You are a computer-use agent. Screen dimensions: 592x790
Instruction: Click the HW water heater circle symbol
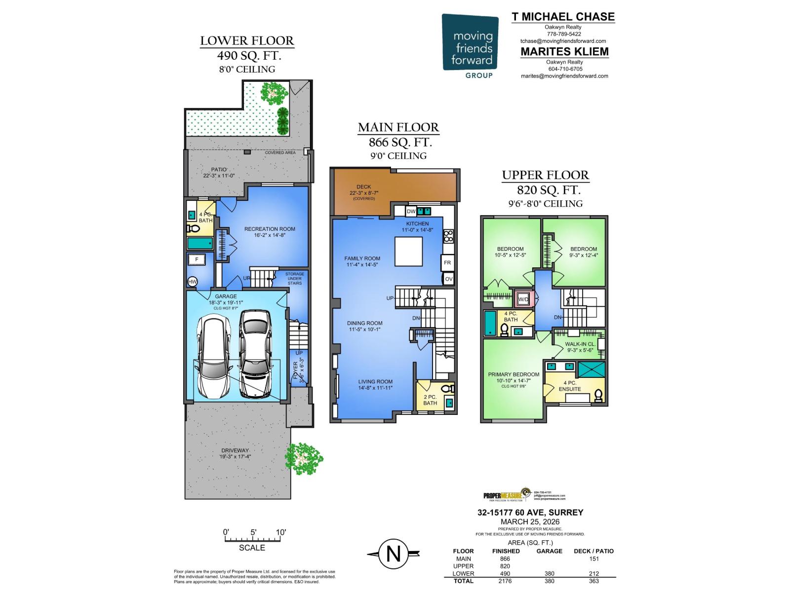point(193,282)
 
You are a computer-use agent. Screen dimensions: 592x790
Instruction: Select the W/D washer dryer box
point(522,299)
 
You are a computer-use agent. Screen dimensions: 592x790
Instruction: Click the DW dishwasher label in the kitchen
point(411,211)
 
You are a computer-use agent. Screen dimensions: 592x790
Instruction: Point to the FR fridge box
point(447,263)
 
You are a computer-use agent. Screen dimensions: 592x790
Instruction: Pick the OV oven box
point(448,279)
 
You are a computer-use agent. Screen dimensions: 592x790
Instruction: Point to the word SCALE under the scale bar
point(252,548)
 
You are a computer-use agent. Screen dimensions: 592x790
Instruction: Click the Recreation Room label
point(270,229)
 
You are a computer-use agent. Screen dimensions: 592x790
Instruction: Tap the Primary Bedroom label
point(513,374)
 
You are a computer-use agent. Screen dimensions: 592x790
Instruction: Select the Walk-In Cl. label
point(581,344)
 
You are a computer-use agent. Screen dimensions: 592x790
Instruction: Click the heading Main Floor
point(398,127)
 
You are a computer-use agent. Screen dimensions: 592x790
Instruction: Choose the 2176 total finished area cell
point(505,581)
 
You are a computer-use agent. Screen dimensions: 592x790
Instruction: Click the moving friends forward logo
point(470,46)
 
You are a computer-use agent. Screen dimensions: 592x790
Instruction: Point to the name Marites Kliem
point(564,52)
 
